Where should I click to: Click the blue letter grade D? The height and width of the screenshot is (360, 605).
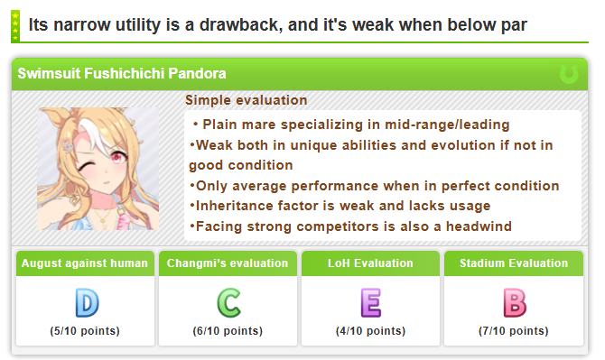pyautogui.click(x=88, y=303)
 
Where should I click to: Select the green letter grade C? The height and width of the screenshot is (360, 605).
pyautogui.click(x=228, y=303)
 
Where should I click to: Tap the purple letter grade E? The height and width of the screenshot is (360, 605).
pyautogui.click(x=371, y=303)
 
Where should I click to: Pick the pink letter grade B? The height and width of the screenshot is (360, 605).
pyautogui.click(x=515, y=303)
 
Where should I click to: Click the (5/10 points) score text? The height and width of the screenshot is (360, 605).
pyautogui.click(x=85, y=331)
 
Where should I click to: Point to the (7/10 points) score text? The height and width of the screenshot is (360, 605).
pyautogui.click(x=514, y=331)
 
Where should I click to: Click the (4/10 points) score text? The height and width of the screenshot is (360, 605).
pyautogui.click(x=370, y=331)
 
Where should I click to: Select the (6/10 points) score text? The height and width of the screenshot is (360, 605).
pyautogui.click(x=228, y=331)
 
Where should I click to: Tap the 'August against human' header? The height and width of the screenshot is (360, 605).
pyautogui.click(x=85, y=263)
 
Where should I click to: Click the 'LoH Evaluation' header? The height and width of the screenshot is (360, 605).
pyautogui.click(x=370, y=263)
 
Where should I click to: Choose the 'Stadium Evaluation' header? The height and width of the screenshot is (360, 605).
pyautogui.click(x=514, y=263)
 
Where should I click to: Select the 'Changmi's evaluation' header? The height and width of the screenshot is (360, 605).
pyautogui.click(x=228, y=263)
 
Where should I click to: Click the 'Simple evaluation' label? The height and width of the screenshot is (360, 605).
pyautogui.click(x=247, y=100)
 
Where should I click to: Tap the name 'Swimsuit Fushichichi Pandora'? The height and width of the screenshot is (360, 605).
pyautogui.click(x=122, y=74)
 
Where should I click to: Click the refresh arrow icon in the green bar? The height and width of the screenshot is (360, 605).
pyautogui.click(x=569, y=74)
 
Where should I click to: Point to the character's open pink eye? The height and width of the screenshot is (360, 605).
pyautogui.click(x=117, y=157)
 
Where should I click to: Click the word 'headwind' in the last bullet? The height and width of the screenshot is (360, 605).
pyautogui.click(x=479, y=226)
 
